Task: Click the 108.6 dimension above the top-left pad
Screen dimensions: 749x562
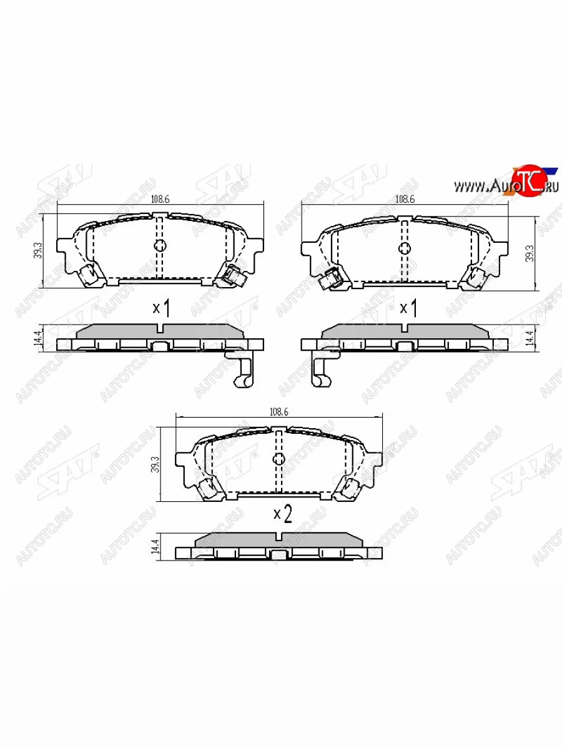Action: coord(160,200)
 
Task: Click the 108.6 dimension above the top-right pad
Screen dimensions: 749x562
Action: coord(405,200)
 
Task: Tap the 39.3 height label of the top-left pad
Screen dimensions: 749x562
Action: coord(38,250)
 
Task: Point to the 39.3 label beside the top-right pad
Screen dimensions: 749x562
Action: coord(530,250)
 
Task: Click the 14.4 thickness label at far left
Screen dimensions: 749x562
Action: coord(37,338)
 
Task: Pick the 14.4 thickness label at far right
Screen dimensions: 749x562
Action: coord(530,338)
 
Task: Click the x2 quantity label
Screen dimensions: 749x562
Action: coord(283,514)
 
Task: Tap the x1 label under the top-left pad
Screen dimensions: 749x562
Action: coord(162,307)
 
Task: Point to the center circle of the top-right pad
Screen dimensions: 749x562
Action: coord(405,248)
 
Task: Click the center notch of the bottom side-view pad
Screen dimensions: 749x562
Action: coord(279,538)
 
